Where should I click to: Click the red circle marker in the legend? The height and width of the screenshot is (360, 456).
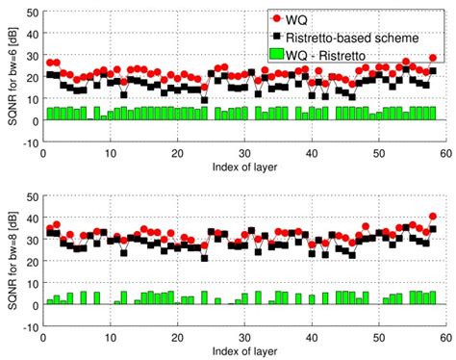tap(279, 19)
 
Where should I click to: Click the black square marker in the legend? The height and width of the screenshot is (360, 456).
tap(279, 35)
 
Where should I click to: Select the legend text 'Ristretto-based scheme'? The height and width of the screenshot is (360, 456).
tap(359, 35)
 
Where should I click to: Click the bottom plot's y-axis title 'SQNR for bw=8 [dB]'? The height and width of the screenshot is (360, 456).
tap(11, 261)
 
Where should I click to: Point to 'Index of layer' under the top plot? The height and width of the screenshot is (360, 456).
tap(244, 167)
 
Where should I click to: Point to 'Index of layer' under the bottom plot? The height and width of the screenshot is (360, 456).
tap(244, 349)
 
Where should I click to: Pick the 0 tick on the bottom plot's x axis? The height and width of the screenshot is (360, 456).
tap(43, 337)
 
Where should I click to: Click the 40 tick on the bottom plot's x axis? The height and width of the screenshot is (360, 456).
tap(312, 337)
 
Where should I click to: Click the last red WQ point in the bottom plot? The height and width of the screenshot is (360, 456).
tap(432, 217)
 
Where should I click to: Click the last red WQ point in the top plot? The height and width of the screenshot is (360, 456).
tap(432, 59)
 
